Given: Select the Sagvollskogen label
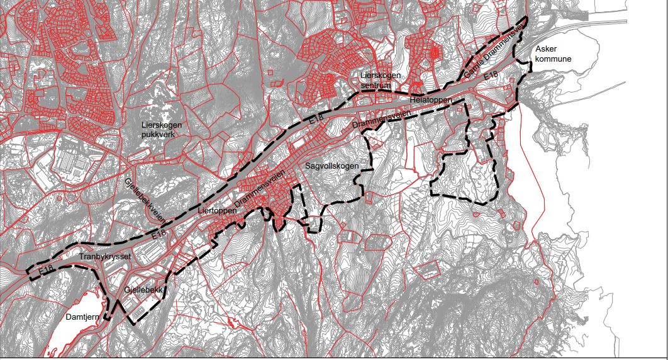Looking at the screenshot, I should point(331,167).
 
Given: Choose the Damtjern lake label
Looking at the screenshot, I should point(82,318).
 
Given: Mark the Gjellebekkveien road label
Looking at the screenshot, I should point(145,200).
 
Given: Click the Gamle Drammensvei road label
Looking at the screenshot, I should point(494,56).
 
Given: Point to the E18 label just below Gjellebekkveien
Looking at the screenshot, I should point(159,234).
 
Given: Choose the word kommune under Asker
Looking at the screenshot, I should point(553,59).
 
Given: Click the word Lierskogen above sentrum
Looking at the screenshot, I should point(380,75).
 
